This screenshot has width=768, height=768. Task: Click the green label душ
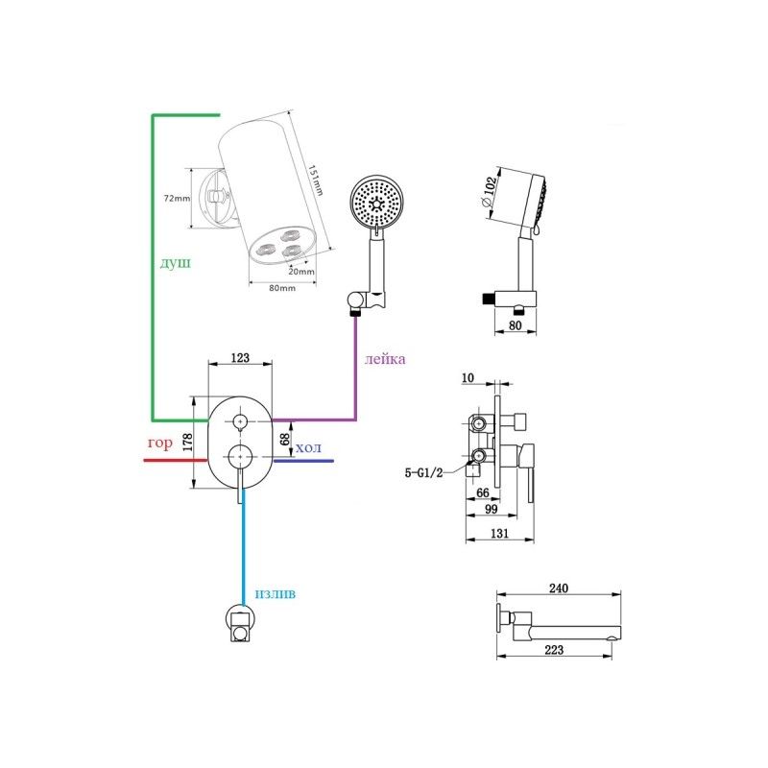(176, 262)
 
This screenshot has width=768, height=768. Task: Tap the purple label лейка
(384, 359)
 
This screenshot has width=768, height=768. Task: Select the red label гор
(160, 444)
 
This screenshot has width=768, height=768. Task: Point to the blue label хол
(308, 448)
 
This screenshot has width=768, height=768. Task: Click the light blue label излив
(275, 593)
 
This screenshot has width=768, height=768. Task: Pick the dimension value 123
(240, 358)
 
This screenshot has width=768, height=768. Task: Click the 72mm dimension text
(177, 198)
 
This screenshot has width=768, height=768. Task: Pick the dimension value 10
(468, 379)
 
